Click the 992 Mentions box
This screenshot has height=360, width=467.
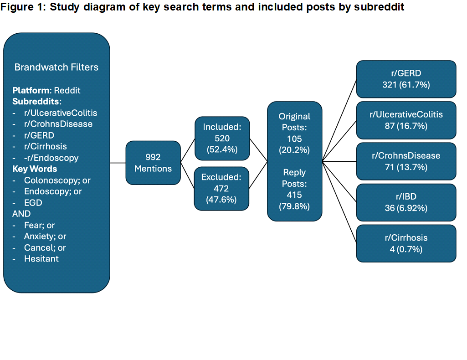(x=153, y=163)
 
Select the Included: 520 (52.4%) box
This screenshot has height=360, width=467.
(x=222, y=139)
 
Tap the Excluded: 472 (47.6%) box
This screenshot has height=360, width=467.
(x=221, y=189)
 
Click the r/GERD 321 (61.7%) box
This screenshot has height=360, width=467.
(x=406, y=79)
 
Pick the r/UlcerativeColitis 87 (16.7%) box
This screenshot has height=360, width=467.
(x=406, y=120)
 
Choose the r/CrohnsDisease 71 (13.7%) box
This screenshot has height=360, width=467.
(x=406, y=161)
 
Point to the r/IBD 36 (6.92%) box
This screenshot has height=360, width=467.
(x=406, y=202)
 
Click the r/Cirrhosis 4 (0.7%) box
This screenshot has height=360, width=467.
(x=406, y=244)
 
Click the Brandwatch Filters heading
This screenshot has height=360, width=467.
(x=56, y=67)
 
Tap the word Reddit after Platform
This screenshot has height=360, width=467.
(x=67, y=91)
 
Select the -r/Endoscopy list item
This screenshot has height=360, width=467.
(x=51, y=158)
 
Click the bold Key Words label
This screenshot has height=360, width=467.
(x=35, y=169)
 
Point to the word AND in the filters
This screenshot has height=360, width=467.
(x=21, y=214)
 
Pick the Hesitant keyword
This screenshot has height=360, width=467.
(x=41, y=259)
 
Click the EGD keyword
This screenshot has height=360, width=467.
(x=33, y=203)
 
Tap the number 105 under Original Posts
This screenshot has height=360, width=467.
(x=295, y=139)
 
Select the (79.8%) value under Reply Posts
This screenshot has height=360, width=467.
(x=295, y=206)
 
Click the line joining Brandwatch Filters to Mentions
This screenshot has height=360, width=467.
(x=118, y=163)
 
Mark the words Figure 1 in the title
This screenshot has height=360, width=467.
(x=23, y=7)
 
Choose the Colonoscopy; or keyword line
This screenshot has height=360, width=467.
(x=57, y=180)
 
